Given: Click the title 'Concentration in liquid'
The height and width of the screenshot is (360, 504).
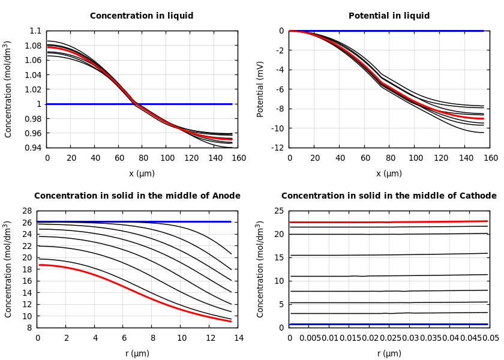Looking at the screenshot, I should click(x=142, y=16).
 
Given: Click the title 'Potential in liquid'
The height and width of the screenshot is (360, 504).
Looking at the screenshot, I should click(x=389, y=16).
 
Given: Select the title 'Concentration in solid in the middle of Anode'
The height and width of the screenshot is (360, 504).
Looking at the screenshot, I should click(x=137, y=196).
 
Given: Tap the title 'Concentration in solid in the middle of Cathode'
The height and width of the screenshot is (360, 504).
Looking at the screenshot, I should click(x=389, y=196).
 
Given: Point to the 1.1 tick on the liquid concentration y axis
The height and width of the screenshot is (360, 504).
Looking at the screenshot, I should click(x=36, y=31).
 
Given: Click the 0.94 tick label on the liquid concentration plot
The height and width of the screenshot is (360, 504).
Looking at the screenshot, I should click(x=34, y=148).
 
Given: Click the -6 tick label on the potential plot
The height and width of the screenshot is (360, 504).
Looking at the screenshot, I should click(x=280, y=89).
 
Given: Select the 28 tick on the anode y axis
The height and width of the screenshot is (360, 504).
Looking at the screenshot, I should click(x=26, y=211).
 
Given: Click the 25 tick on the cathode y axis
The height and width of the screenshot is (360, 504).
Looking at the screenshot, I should click(x=278, y=211).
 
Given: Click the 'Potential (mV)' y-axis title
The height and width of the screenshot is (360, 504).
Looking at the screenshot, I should click(x=260, y=89).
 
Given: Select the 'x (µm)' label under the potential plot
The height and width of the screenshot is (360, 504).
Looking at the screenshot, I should click(x=389, y=174).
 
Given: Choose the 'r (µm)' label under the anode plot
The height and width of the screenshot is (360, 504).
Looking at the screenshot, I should click(x=137, y=354).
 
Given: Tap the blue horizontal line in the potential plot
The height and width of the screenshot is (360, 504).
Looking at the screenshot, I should click(x=390, y=31).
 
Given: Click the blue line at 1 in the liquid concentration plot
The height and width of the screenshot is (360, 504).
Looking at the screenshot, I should click(x=180, y=104).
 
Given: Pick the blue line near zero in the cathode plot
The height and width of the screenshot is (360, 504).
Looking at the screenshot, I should click(x=390, y=325).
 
